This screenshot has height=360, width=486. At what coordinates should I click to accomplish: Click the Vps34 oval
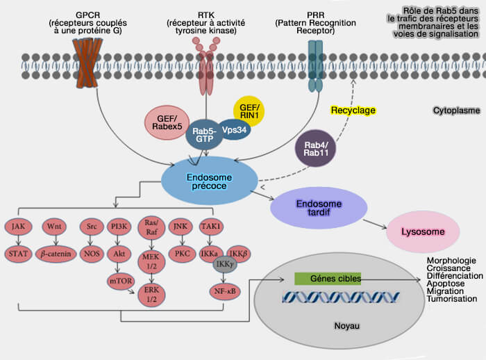236,129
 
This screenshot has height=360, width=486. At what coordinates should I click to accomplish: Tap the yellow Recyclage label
352,110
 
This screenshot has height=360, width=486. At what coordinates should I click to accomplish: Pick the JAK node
18,226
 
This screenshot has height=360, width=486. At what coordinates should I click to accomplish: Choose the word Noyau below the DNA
347,325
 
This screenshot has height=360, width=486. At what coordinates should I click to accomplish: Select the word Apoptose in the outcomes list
446,283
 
